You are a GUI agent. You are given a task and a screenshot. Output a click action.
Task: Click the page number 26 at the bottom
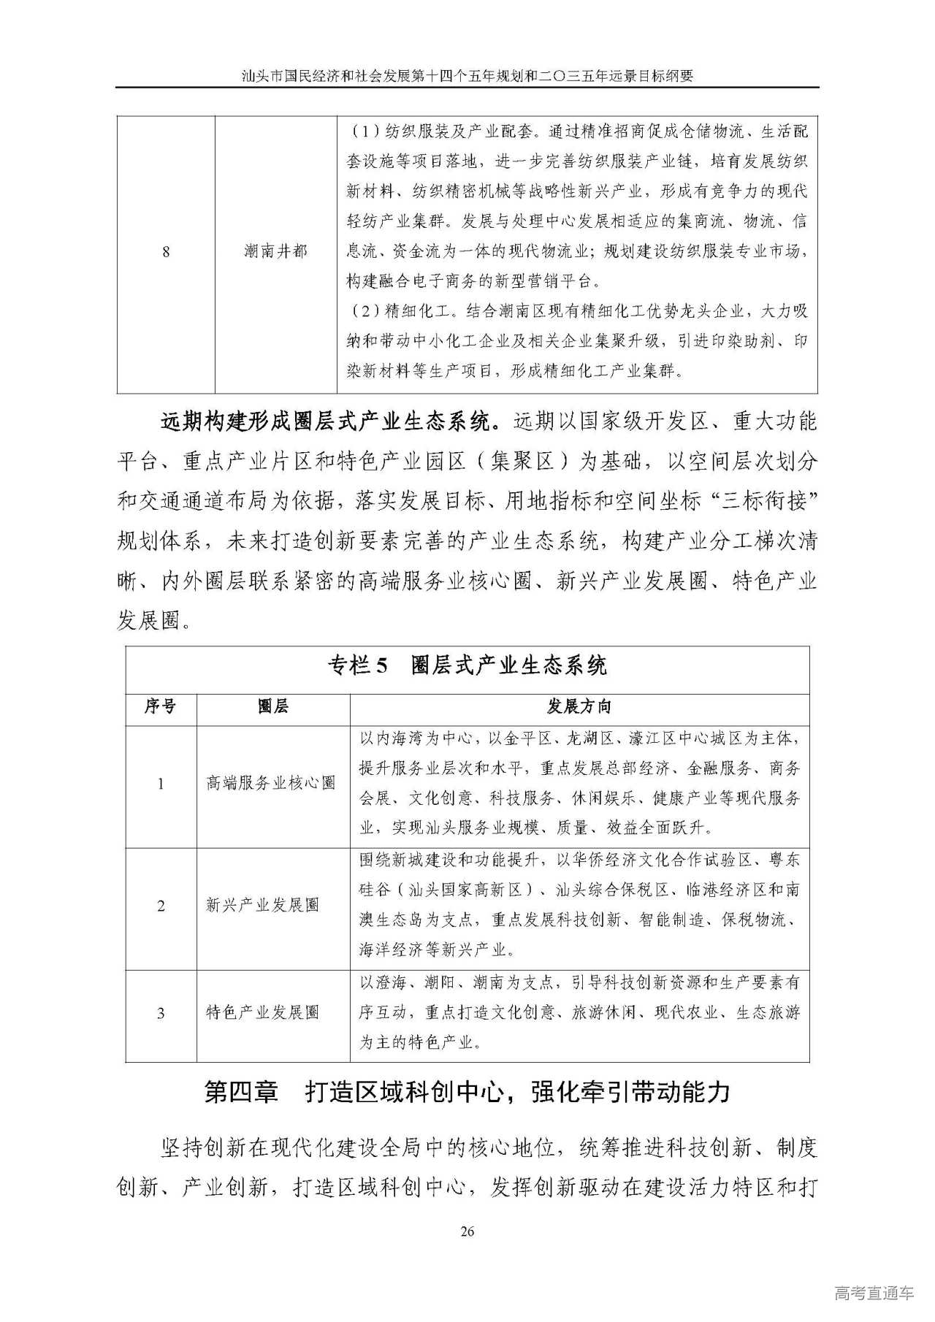(467, 1231)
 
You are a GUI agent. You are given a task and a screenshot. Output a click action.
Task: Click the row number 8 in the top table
(166, 252)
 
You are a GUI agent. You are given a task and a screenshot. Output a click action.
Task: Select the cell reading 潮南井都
(275, 252)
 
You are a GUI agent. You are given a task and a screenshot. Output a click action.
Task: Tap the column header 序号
(160, 706)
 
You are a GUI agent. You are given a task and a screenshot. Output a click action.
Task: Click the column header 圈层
(273, 706)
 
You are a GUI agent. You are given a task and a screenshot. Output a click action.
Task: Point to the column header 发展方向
(579, 706)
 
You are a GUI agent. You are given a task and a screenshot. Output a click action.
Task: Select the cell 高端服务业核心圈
(271, 783)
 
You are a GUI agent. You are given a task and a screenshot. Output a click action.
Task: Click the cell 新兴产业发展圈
(263, 905)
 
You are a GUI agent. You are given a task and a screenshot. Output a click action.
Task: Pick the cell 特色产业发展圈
(263, 1012)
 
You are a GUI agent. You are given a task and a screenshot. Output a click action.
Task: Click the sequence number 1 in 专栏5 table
(161, 784)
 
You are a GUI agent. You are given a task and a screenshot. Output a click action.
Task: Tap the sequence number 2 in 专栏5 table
(161, 906)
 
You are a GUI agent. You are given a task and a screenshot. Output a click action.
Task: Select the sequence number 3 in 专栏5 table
(161, 1013)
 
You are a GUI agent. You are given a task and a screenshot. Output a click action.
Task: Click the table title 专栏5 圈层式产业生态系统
(467, 666)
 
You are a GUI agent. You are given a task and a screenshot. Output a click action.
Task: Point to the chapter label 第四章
(242, 1093)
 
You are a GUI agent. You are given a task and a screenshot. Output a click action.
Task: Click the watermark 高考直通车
(874, 1293)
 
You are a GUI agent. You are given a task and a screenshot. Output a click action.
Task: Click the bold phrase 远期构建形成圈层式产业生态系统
(330, 422)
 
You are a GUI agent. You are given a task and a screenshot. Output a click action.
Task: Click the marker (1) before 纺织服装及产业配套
(364, 132)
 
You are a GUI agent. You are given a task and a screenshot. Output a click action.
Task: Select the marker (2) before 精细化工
(364, 312)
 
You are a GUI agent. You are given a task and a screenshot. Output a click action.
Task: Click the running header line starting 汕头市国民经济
(467, 75)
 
